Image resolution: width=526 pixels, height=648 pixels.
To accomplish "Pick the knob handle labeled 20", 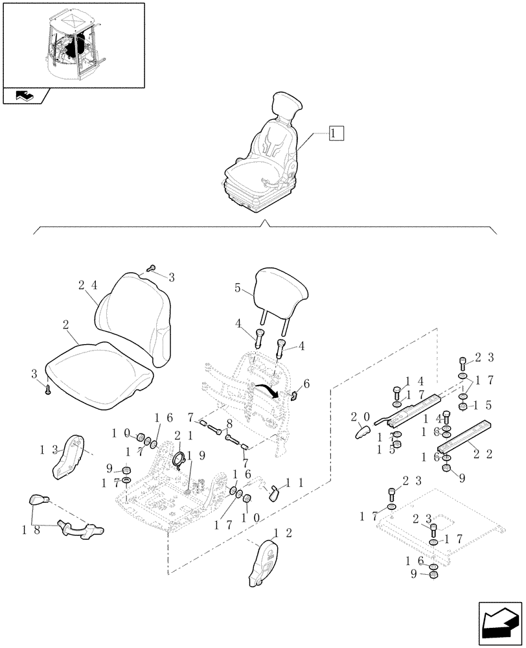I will coord(361,430).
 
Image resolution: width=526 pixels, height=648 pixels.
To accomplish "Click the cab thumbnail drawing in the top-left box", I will coord(73,45).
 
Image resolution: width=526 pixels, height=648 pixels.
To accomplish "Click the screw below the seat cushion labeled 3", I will coord(49,389).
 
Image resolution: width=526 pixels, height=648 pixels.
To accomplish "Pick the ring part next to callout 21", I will coord(179,460).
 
